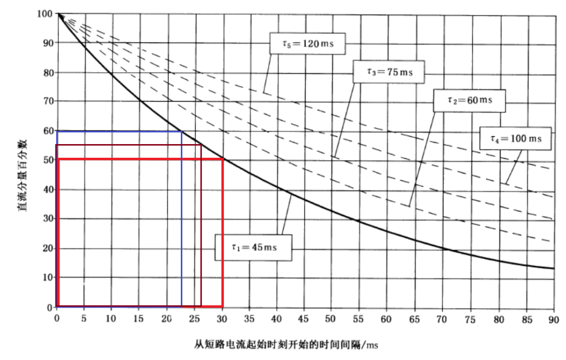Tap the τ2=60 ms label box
pyautogui.click(x=469, y=101)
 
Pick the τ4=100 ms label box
pyautogui.click(x=516, y=138)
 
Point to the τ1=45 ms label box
pyautogui.click(x=254, y=246)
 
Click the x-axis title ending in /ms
pyautogui.click(x=286, y=344)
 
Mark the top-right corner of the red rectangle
pyautogui.click(x=223, y=159)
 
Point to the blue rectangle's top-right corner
pyautogui.click(x=181, y=131)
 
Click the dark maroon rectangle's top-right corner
pyautogui.click(x=201, y=145)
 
